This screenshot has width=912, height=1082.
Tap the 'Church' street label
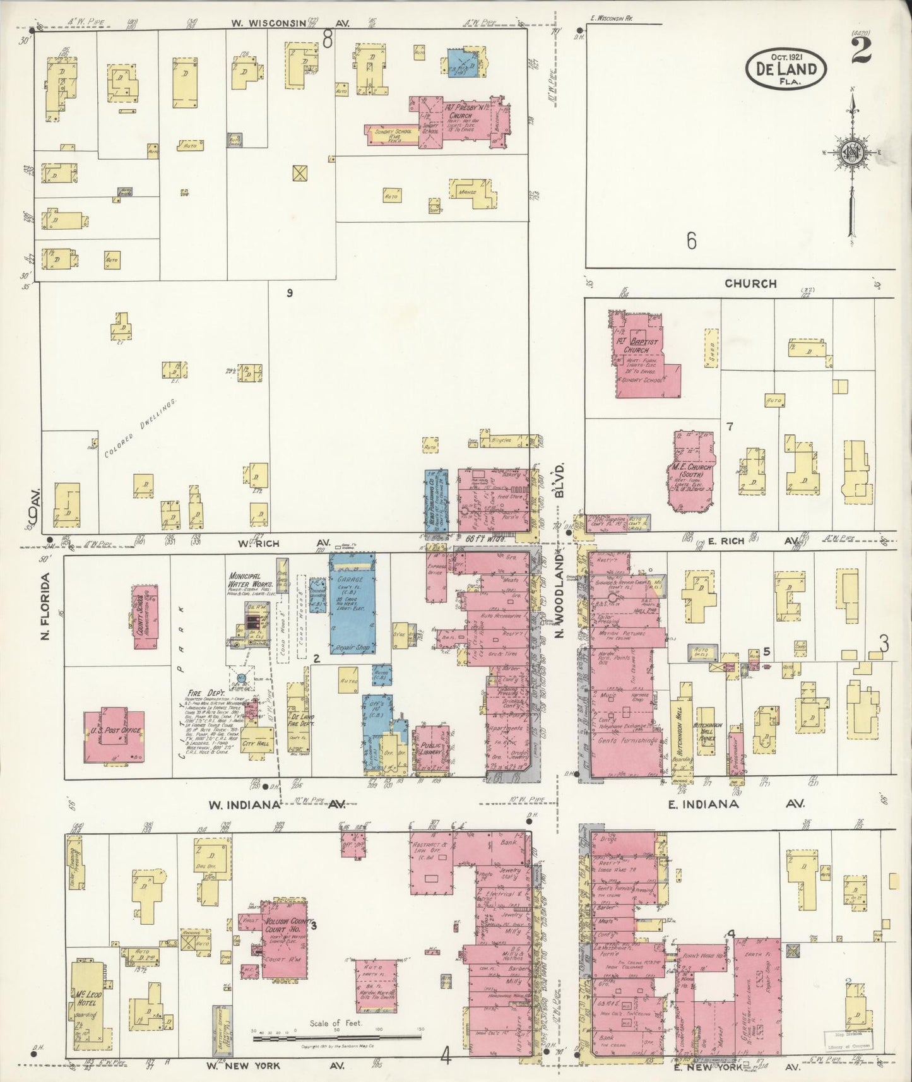750,283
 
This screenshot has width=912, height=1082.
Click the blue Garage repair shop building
352,603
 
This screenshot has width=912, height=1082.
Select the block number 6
692,241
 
